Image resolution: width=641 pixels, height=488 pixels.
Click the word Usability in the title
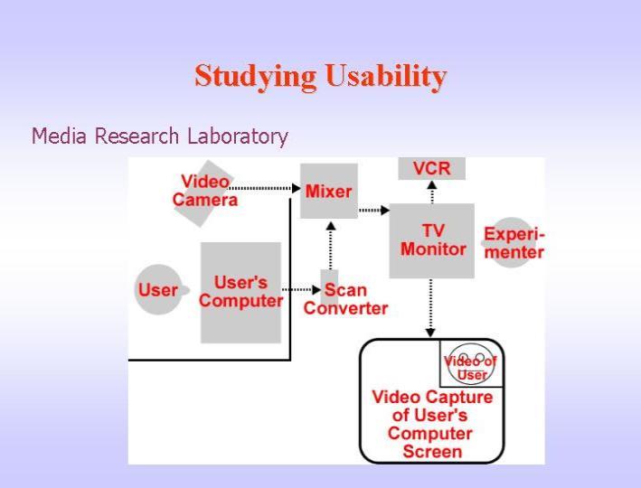[386, 76]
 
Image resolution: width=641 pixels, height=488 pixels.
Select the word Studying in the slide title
[256, 77]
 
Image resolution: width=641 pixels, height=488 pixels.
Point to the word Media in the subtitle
[59, 136]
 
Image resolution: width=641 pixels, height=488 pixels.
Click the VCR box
[431, 168]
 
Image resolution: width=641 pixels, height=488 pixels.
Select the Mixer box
[329, 191]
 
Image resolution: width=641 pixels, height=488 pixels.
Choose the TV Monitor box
[431, 240]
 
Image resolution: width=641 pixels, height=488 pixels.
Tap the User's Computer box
[240, 293]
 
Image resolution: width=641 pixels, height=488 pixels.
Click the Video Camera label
[205, 191]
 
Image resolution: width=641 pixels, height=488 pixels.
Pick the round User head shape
[158, 290]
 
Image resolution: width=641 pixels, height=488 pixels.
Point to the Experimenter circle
[512, 242]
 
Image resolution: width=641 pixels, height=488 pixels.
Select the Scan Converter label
[346, 299]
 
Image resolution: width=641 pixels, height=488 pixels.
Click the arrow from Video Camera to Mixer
[265, 188]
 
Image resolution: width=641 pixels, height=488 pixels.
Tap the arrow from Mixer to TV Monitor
[374, 211]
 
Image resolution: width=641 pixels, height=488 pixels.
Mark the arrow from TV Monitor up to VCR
[432, 192]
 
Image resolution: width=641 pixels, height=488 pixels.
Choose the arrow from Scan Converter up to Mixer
[331, 246]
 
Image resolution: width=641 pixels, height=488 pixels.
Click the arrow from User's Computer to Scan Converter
[302, 290]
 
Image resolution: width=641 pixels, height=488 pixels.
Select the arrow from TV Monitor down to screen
[430, 308]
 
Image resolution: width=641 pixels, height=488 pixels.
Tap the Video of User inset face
[471, 363]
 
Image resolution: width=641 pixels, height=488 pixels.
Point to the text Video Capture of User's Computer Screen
[432, 424]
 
